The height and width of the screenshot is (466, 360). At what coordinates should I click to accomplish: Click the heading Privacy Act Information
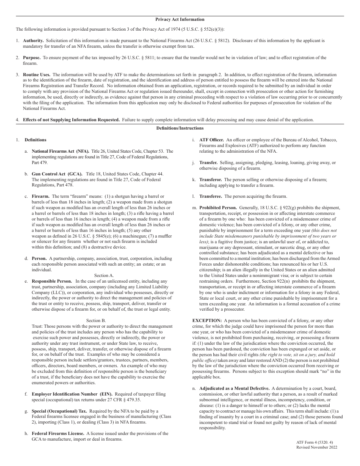tap(180, 19)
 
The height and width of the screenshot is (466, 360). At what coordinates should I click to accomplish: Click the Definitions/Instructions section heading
tap(180, 128)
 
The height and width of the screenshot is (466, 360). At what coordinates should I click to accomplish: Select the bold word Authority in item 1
tap(33, 40)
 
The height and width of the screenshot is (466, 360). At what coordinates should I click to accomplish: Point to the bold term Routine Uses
tap(36, 75)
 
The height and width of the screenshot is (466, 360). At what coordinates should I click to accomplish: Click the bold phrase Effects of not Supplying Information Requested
tap(71, 120)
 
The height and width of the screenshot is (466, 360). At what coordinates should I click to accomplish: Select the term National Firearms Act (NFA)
tap(60, 151)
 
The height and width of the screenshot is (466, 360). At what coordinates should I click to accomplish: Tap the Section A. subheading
tap(104, 275)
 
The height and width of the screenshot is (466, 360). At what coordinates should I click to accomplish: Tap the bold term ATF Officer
tap(211, 140)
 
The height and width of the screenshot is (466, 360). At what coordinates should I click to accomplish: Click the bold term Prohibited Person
tap(218, 208)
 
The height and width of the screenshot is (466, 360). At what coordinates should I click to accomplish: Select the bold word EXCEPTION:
tap(207, 321)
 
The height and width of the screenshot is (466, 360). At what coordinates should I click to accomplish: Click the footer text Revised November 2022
tap(316, 447)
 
